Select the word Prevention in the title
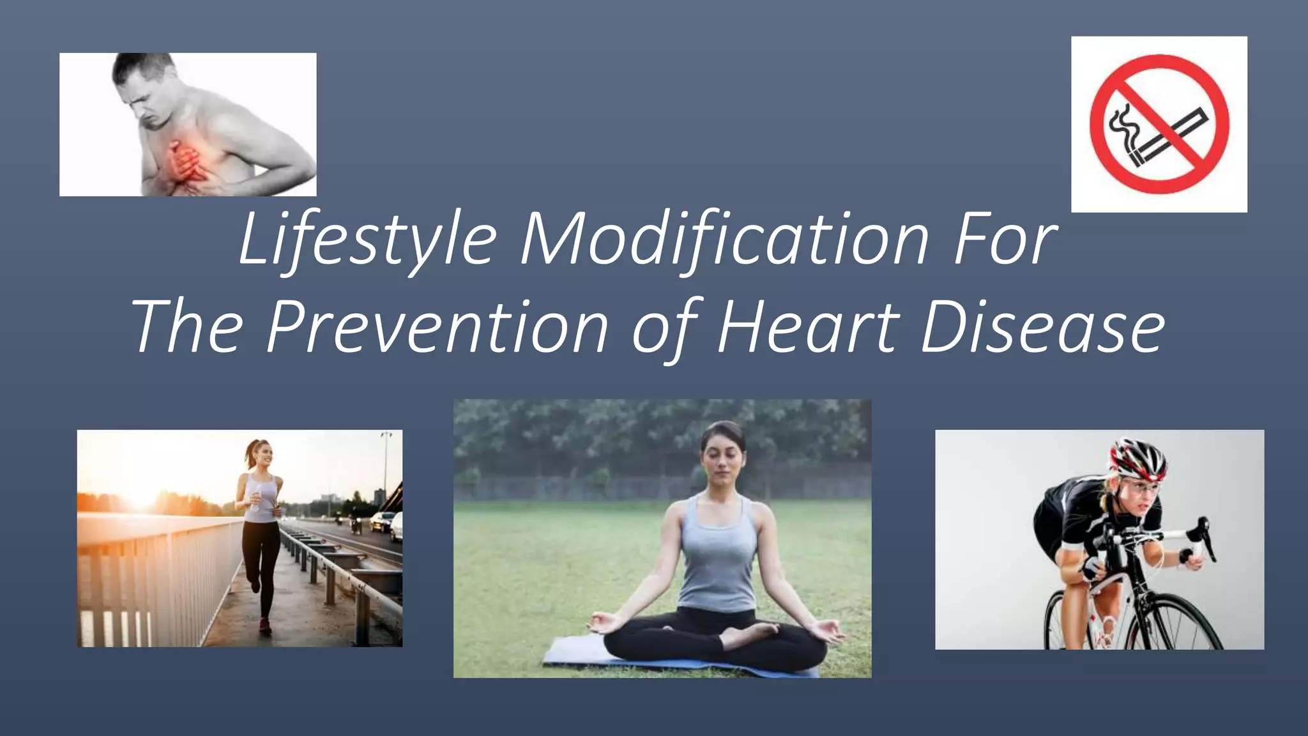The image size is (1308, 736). click(437, 327)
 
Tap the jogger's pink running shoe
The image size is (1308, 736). click(264, 624)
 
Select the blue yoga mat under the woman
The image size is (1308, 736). click(575, 655)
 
